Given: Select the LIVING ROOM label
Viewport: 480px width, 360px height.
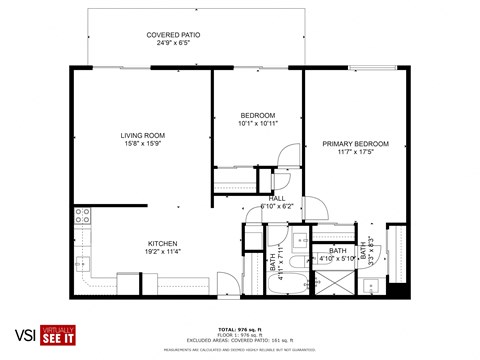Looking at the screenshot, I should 143,135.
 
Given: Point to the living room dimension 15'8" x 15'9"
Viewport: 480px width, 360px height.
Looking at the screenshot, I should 143,145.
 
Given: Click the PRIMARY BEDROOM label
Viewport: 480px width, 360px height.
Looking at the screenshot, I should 355,144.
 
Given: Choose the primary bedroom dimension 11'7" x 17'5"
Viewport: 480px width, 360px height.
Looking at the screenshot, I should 355,153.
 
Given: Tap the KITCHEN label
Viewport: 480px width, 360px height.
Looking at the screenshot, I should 163,244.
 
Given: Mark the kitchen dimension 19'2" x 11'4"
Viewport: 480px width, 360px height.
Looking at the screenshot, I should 163,253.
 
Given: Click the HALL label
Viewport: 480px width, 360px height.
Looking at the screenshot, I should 276,198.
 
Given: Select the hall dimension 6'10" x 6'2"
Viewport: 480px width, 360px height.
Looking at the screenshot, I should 276,207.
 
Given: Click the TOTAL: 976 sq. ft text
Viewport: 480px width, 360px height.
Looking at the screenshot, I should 240,329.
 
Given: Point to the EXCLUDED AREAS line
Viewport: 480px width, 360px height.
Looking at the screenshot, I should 240,341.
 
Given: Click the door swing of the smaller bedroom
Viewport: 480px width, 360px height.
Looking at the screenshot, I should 287,155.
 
